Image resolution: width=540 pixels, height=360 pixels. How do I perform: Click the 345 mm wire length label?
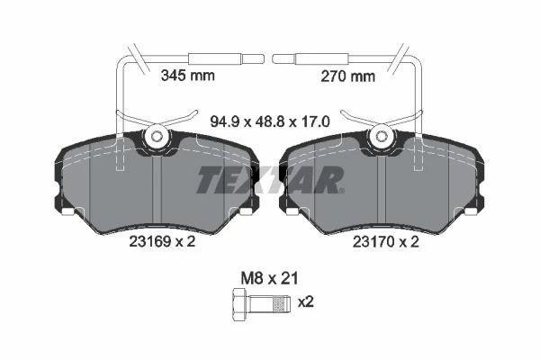pos(188,75)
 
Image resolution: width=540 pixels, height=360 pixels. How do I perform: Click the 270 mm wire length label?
pos(347,76)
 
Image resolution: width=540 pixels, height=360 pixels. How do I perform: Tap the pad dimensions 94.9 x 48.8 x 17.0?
pos(270,121)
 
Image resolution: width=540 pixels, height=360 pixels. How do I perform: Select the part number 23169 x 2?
pos(162,241)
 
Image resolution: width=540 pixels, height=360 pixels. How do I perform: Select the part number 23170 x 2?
pos(386,242)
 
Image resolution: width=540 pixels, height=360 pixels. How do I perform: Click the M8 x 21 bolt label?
pos(269,278)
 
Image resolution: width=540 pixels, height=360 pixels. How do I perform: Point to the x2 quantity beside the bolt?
pos(306,302)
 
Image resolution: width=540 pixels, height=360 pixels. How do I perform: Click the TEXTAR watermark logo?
pos(270,180)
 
